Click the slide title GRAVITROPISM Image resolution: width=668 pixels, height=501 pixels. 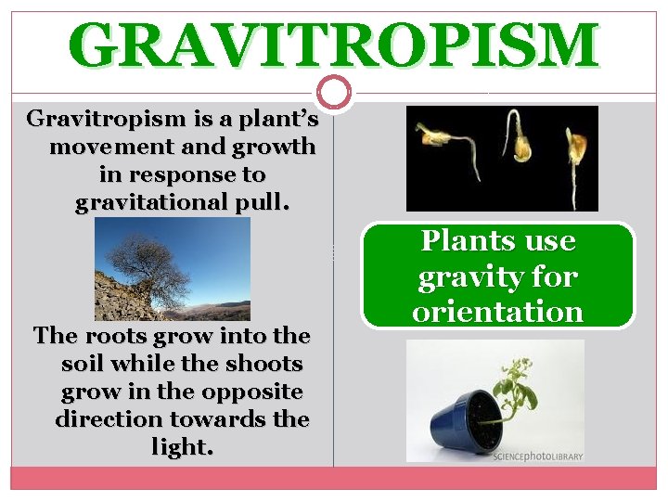pos(334,45)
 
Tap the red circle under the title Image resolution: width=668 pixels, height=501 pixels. pos(334,92)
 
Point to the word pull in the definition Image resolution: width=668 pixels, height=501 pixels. pos(264,203)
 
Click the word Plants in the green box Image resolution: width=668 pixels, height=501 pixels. pos(463,241)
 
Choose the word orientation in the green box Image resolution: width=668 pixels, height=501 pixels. pos(498,312)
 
